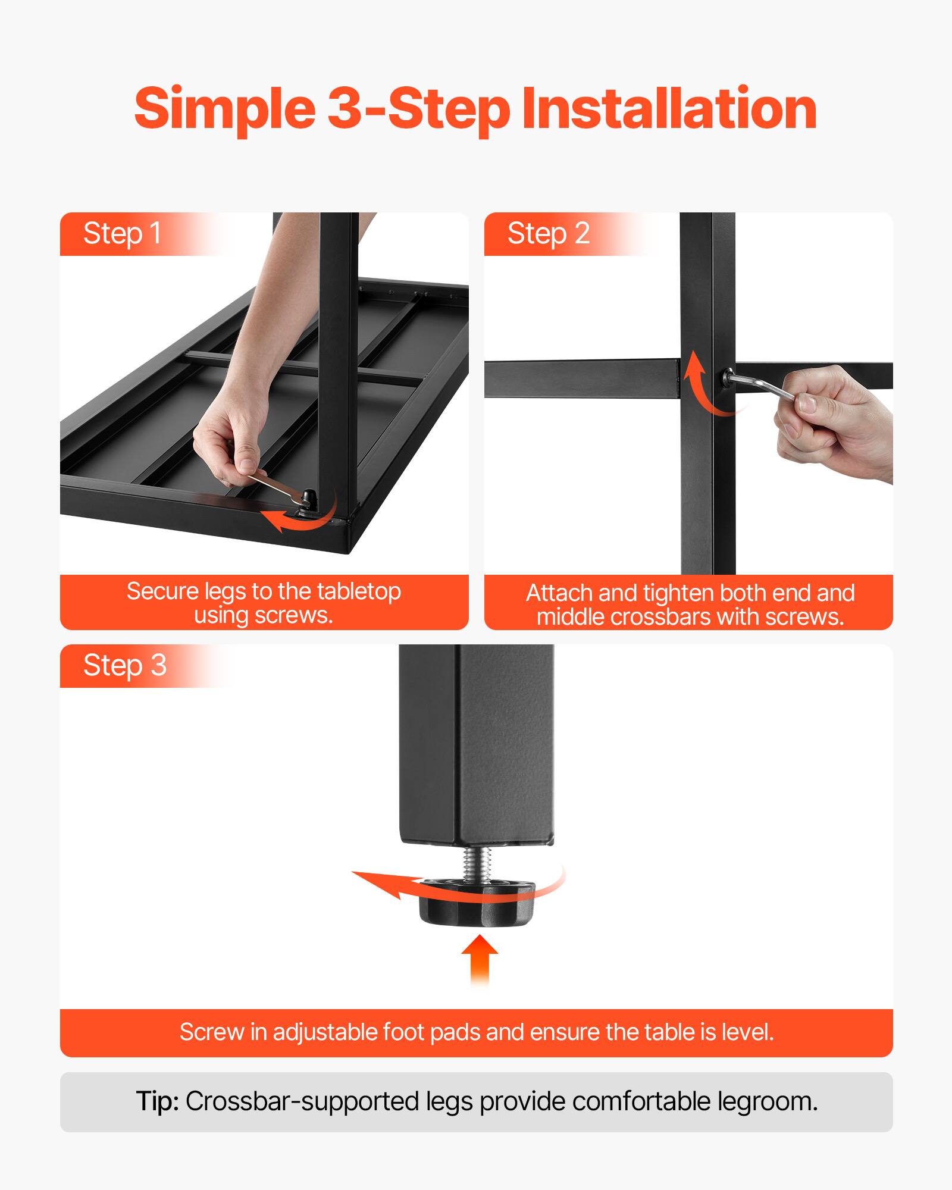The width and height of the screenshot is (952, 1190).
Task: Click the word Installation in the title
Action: pos(669,108)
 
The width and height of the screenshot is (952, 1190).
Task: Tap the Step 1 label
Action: pos(122,233)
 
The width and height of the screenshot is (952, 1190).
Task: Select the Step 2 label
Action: pos(548,233)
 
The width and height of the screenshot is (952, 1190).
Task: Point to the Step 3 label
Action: pos(124,665)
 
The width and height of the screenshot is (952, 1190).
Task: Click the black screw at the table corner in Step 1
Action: pos(308,497)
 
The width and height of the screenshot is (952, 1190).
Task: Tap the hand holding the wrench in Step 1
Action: pos(229,440)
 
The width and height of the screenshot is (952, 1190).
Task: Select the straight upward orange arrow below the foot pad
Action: pos(480,958)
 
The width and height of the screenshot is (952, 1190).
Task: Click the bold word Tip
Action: pos(157,1101)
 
